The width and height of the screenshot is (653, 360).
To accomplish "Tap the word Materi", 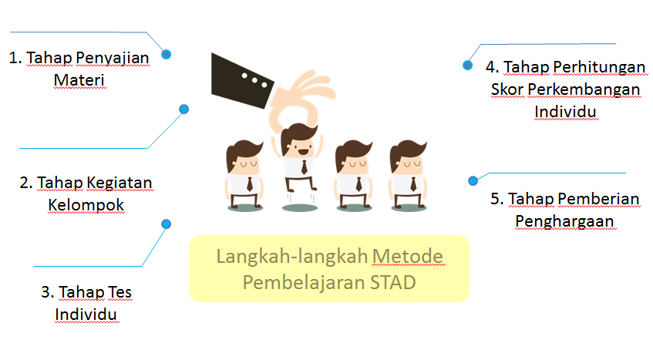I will click(79, 80).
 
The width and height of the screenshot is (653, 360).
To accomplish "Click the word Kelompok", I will click(86, 206).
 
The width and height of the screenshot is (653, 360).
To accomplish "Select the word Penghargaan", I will click(565, 222).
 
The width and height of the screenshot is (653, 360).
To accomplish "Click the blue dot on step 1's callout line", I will click(167, 54).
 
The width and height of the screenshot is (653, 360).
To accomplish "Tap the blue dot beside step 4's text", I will click(467, 66).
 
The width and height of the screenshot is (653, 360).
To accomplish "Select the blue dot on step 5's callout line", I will click(473, 180).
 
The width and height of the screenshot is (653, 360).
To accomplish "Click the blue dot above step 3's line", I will click(166, 224).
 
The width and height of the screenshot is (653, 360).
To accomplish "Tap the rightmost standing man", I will click(409, 173).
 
